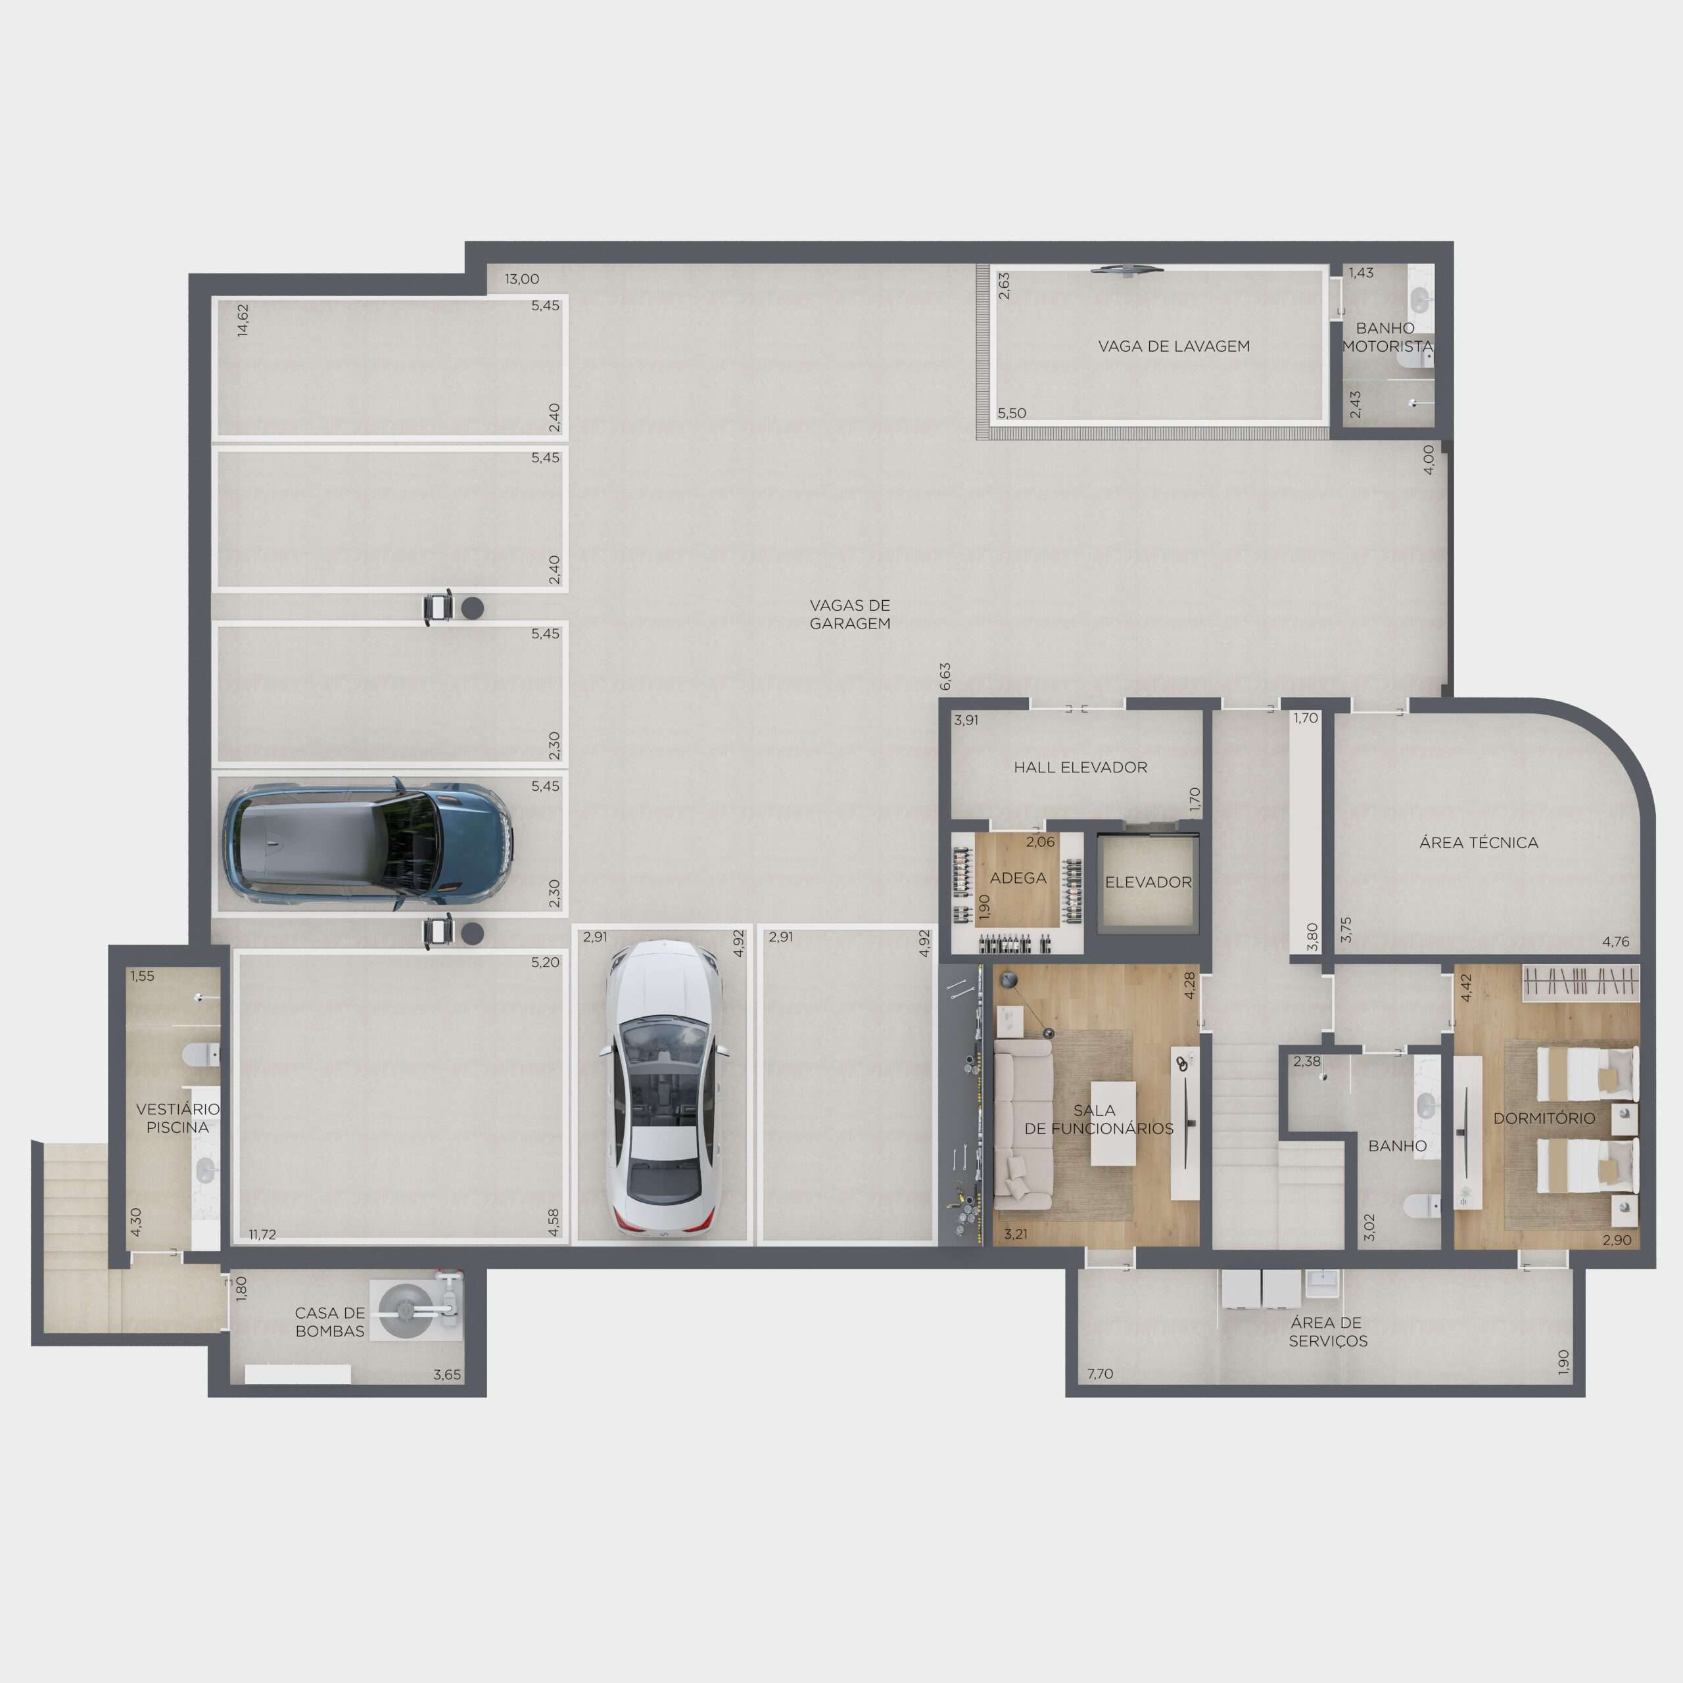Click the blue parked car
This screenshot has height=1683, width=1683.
tap(367, 844)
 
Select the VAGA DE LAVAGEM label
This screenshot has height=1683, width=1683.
tap(1173, 346)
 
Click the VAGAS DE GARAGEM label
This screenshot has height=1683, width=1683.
tap(849, 614)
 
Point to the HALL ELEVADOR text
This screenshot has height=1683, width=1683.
tap(1080, 767)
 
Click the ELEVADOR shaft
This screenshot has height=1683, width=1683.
tap(1148, 882)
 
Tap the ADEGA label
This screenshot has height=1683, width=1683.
tap(1018, 878)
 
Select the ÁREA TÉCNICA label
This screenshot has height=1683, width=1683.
tap(1479, 842)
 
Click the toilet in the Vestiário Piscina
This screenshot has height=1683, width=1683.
tap(201, 1056)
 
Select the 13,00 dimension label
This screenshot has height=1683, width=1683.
tap(522, 279)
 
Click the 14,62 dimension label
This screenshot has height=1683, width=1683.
tap(243, 320)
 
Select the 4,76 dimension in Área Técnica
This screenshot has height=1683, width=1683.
tap(1615, 941)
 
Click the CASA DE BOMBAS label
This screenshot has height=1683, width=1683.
tap(329, 1321)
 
